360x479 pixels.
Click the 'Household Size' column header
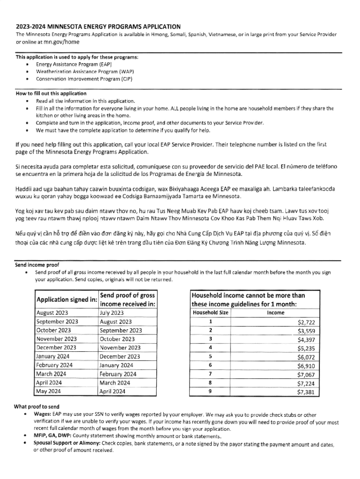coord(210,312)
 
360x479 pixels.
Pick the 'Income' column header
coord(275,312)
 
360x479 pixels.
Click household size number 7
coord(210,374)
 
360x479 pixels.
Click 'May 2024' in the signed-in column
coord(49,391)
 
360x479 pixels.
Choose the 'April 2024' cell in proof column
coord(113,391)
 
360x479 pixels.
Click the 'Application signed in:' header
coord(67,299)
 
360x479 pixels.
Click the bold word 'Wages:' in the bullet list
coord(42,414)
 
